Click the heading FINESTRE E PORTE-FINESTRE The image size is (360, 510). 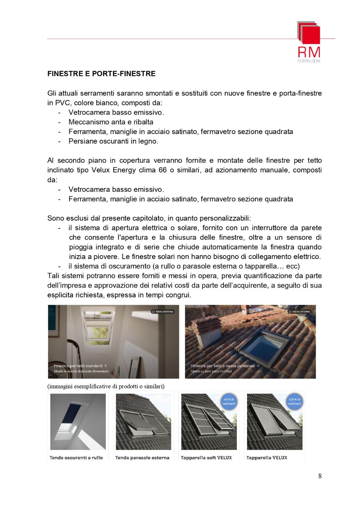tap(101, 74)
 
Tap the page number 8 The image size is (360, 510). tap(320, 476)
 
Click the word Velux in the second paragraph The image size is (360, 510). tap(101, 170)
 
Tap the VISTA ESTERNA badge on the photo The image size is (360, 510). tap(163, 311)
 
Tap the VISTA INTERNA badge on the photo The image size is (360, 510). tap(299, 311)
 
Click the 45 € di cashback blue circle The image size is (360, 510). tap(229, 402)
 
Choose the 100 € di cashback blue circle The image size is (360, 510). tap(294, 402)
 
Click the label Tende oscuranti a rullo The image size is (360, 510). tap(76, 458)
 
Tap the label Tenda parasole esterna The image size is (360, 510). tap(142, 458)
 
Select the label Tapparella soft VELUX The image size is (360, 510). tap(206, 458)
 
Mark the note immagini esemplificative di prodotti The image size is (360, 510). tap(106, 386)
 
